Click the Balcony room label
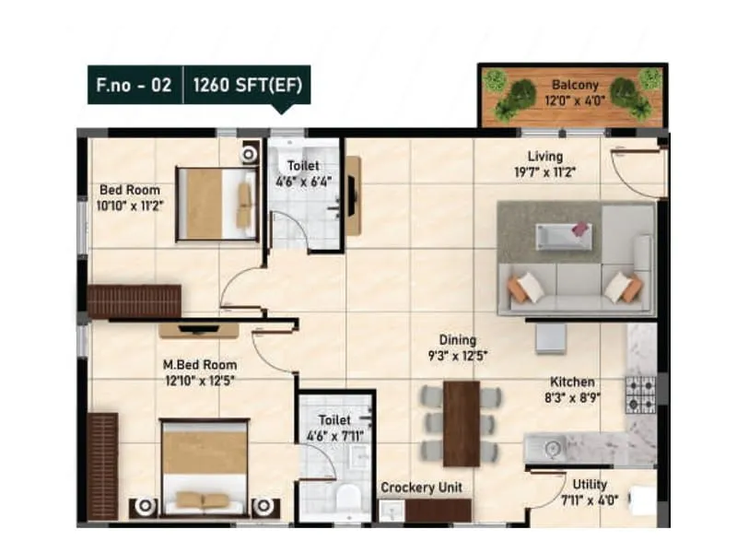pos(575,85)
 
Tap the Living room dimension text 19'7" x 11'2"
pos(545,171)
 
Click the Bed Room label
pos(131,190)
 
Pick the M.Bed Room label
pos(200,364)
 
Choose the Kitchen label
pos(572,382)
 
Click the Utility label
pos(589,484)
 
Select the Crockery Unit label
pos(421,487)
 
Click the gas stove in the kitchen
pos(640,394)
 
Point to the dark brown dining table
pos(461,423)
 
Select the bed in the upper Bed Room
pos(217,203)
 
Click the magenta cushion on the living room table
pos(580,228)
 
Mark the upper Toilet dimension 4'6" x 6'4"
pos(303,181)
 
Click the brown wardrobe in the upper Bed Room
pos(135,300)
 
